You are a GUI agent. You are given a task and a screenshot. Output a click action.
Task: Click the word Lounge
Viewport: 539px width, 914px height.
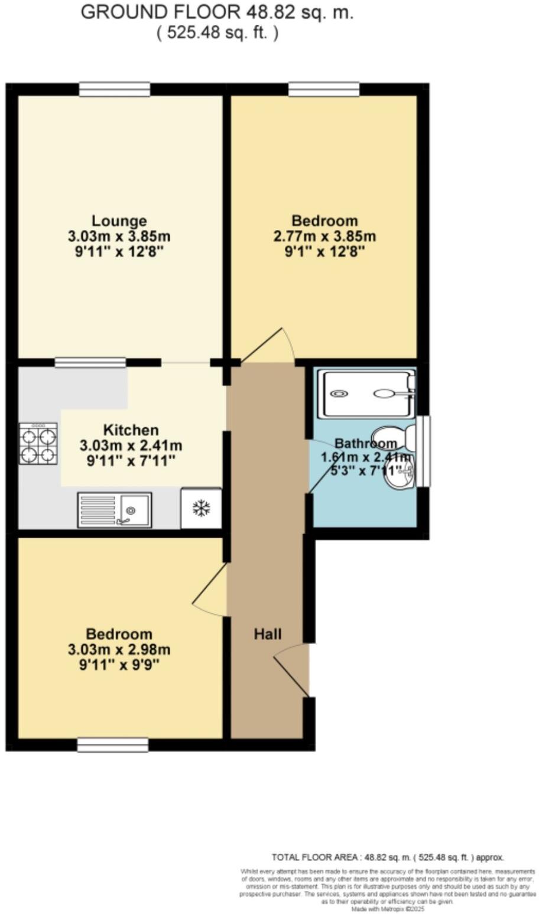click(x=119, y=221)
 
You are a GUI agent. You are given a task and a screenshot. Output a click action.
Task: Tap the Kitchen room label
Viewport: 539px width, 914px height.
click(x=131, y=430)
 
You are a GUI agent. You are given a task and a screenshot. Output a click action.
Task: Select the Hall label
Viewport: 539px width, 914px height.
click(x=268, y=634)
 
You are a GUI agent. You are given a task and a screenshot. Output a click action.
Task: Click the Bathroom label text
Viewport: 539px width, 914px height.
click(x=366, y=443)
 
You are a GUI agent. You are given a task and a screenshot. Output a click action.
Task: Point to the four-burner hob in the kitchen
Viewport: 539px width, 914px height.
click(x=38, y=443)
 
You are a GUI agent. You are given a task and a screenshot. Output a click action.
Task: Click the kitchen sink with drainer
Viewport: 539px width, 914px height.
click(x=114, y=509)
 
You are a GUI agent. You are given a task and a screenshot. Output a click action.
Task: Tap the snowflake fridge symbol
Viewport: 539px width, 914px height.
click(x=202, y=508)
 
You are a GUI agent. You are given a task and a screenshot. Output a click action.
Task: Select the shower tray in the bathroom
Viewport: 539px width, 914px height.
click(x=366, y=393)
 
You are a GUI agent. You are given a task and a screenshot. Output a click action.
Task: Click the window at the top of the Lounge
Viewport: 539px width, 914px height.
click(x=115, y=89)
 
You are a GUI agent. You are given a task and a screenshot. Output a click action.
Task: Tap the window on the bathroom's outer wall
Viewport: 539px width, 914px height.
click(x=423, y=451)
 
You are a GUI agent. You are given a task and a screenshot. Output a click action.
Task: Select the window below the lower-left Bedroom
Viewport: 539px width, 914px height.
click(x=113, y=744)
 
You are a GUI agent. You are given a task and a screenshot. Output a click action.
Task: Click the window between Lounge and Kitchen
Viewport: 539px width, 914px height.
click(x=90, y=362)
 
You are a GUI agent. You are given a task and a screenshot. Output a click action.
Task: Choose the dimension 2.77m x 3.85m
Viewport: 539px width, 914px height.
click(x=324, y=237)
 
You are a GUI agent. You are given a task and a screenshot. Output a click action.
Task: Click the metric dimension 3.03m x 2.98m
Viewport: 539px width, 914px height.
click(x=119, y=650)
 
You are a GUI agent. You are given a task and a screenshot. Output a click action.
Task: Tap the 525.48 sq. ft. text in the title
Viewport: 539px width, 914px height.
click(x=217, y=32)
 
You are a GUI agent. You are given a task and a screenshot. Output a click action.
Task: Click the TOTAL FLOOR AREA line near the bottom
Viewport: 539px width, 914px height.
click(x=388, y=857)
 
